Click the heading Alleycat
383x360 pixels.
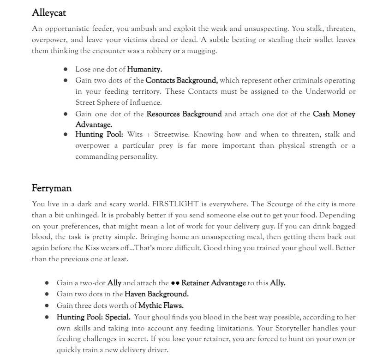tap(49, 12)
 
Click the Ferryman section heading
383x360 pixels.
tap(52, 188)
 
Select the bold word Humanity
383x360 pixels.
tap(144, 69)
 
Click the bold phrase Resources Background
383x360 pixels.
tap(184, 114)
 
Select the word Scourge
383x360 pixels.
tap(275, 204)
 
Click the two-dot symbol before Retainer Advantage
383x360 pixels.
tap(175, 283)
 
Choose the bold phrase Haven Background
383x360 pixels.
tap(156, 294)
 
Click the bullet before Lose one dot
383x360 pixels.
tap(66, 69)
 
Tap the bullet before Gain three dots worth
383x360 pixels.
tap(47, 305)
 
